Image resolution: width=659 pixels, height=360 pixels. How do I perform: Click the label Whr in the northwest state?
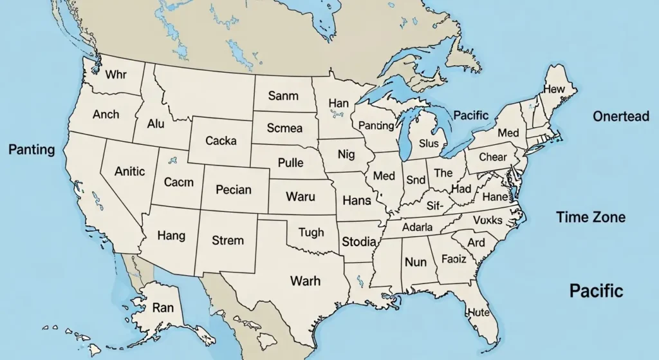(116, 75)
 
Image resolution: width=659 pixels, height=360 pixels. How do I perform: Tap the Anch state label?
(106, 114)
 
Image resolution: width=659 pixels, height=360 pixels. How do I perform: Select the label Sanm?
(283, 96)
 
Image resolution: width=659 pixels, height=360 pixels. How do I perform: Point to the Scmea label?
(284, 128)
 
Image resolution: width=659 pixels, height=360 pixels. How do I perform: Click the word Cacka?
(221, 140)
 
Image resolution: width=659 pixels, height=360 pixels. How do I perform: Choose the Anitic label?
(129, 171)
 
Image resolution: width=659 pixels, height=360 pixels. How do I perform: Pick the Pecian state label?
(234, 190)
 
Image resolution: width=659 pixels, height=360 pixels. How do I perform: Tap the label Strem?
(228, 240)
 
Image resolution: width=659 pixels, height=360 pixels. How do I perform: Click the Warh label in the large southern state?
(305, 281)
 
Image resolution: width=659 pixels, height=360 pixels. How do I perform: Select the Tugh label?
(311, 232)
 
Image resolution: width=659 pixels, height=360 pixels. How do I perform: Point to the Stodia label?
(358, 242)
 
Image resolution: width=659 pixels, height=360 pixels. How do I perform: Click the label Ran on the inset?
(163, 308)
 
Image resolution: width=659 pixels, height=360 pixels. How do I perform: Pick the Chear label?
(493, 157)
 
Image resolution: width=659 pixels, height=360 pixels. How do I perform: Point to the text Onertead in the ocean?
(621, 117)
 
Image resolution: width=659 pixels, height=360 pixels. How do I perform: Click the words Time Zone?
(590, 217)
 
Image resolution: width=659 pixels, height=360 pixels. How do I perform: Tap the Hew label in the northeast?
(554, 90)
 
